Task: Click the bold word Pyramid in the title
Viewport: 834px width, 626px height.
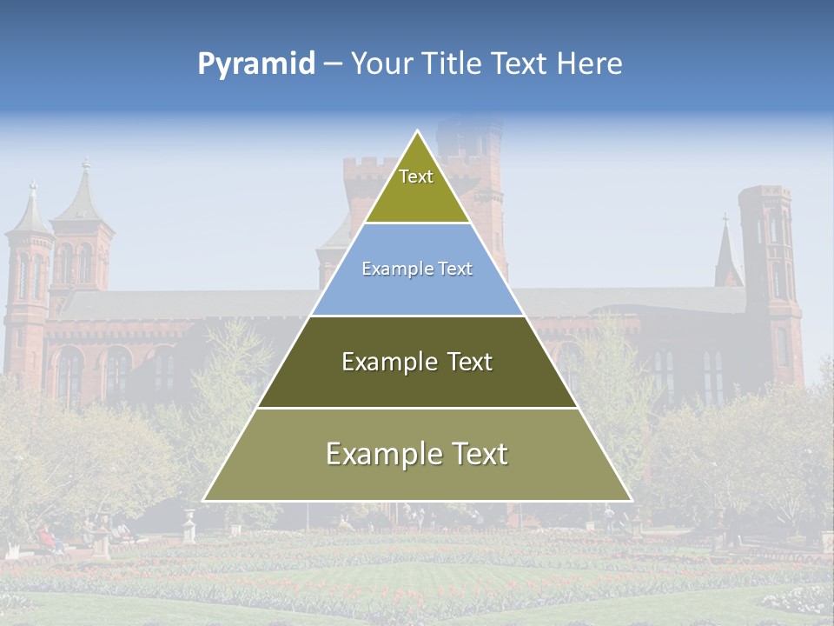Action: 256,63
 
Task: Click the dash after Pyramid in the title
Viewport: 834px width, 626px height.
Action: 332,64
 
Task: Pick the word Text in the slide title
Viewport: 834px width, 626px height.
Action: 521,63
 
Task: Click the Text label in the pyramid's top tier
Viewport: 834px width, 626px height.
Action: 416,176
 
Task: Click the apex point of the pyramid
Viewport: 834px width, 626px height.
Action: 417,131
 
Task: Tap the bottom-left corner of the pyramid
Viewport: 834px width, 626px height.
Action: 204,500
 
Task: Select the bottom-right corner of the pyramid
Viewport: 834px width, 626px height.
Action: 631,500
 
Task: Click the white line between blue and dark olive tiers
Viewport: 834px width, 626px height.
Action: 417,316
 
